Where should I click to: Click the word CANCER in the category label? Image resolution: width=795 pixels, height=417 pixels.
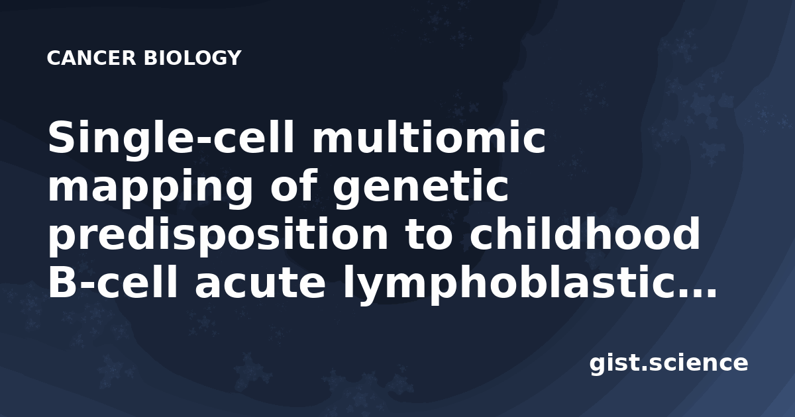(x=91, y=58)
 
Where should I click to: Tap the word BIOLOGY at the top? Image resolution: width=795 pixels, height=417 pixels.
(x=193, y=58)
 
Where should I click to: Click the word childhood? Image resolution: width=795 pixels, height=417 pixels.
(x=585, y=234)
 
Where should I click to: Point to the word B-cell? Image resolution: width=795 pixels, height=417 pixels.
(x=112, y=282)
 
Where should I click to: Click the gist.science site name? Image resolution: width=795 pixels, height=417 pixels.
(x=668, y=363)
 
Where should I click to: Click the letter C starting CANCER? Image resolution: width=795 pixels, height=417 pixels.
(x=54, y=58)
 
